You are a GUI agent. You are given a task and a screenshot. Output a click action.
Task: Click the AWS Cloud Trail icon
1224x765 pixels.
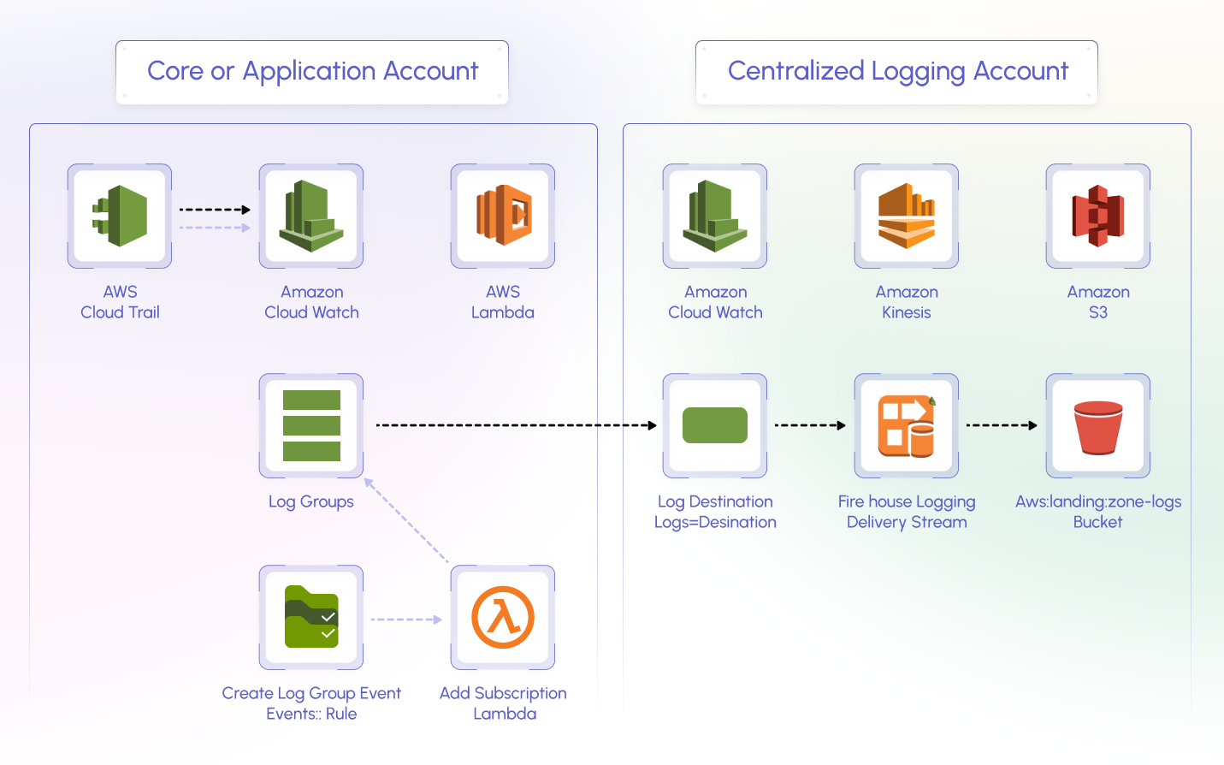coord(120,216)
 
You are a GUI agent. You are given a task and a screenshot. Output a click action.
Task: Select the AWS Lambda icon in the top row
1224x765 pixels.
coord(503,216)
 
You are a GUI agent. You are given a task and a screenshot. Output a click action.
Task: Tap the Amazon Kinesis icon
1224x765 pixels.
coord(907,216)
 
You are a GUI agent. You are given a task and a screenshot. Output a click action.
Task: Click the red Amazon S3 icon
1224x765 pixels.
coord(1098,216)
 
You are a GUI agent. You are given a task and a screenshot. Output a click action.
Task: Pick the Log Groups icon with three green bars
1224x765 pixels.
coord(311,425)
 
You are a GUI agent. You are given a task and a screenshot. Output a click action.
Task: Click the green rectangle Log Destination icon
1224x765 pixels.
coord(715,425)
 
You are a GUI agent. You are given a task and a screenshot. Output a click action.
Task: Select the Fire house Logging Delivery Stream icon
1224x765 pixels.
coord(907,425)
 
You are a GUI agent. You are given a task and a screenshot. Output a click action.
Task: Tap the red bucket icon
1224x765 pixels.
coord(1098,425)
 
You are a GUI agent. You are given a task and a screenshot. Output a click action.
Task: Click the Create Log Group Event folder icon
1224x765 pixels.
coord(311,617)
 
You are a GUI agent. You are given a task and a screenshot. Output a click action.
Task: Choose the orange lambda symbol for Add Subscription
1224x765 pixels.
coord(503,617)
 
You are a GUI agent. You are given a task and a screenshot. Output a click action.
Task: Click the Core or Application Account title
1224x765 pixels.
coord(312,71)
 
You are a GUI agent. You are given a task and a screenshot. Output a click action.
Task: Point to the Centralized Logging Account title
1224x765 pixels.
coord(897,71)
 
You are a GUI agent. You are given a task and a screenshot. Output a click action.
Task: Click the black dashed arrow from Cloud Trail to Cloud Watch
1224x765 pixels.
coord(214,210)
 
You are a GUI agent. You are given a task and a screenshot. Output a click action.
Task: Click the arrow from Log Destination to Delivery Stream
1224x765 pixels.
coord(809,425)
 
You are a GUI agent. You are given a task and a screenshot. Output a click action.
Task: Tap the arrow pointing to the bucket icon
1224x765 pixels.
coord(1001,425)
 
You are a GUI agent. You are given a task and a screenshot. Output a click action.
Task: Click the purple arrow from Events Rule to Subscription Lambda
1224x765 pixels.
coord(406,620)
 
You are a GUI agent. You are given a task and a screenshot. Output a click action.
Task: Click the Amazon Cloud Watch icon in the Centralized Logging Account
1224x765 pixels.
coord(715,216)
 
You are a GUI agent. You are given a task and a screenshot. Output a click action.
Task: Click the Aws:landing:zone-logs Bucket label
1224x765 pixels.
coord(1098,512)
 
